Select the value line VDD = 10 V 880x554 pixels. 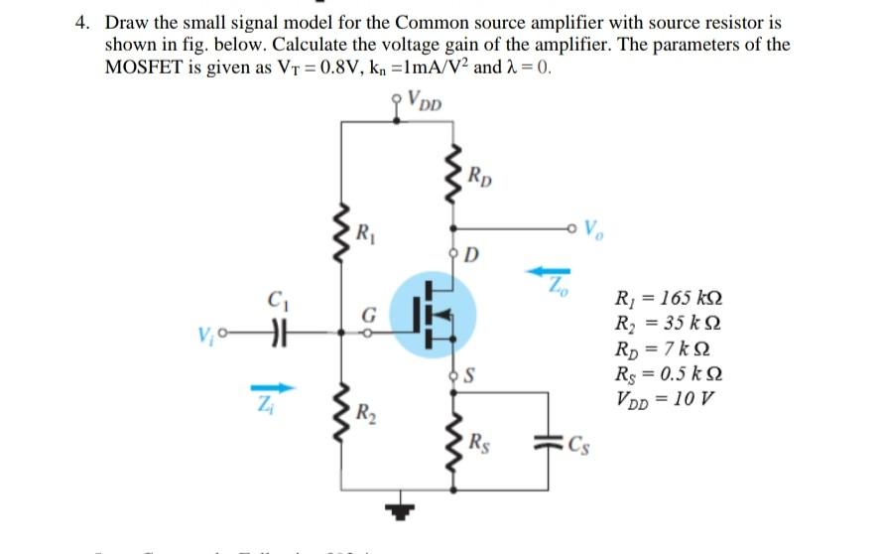click(x=667, y=400)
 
